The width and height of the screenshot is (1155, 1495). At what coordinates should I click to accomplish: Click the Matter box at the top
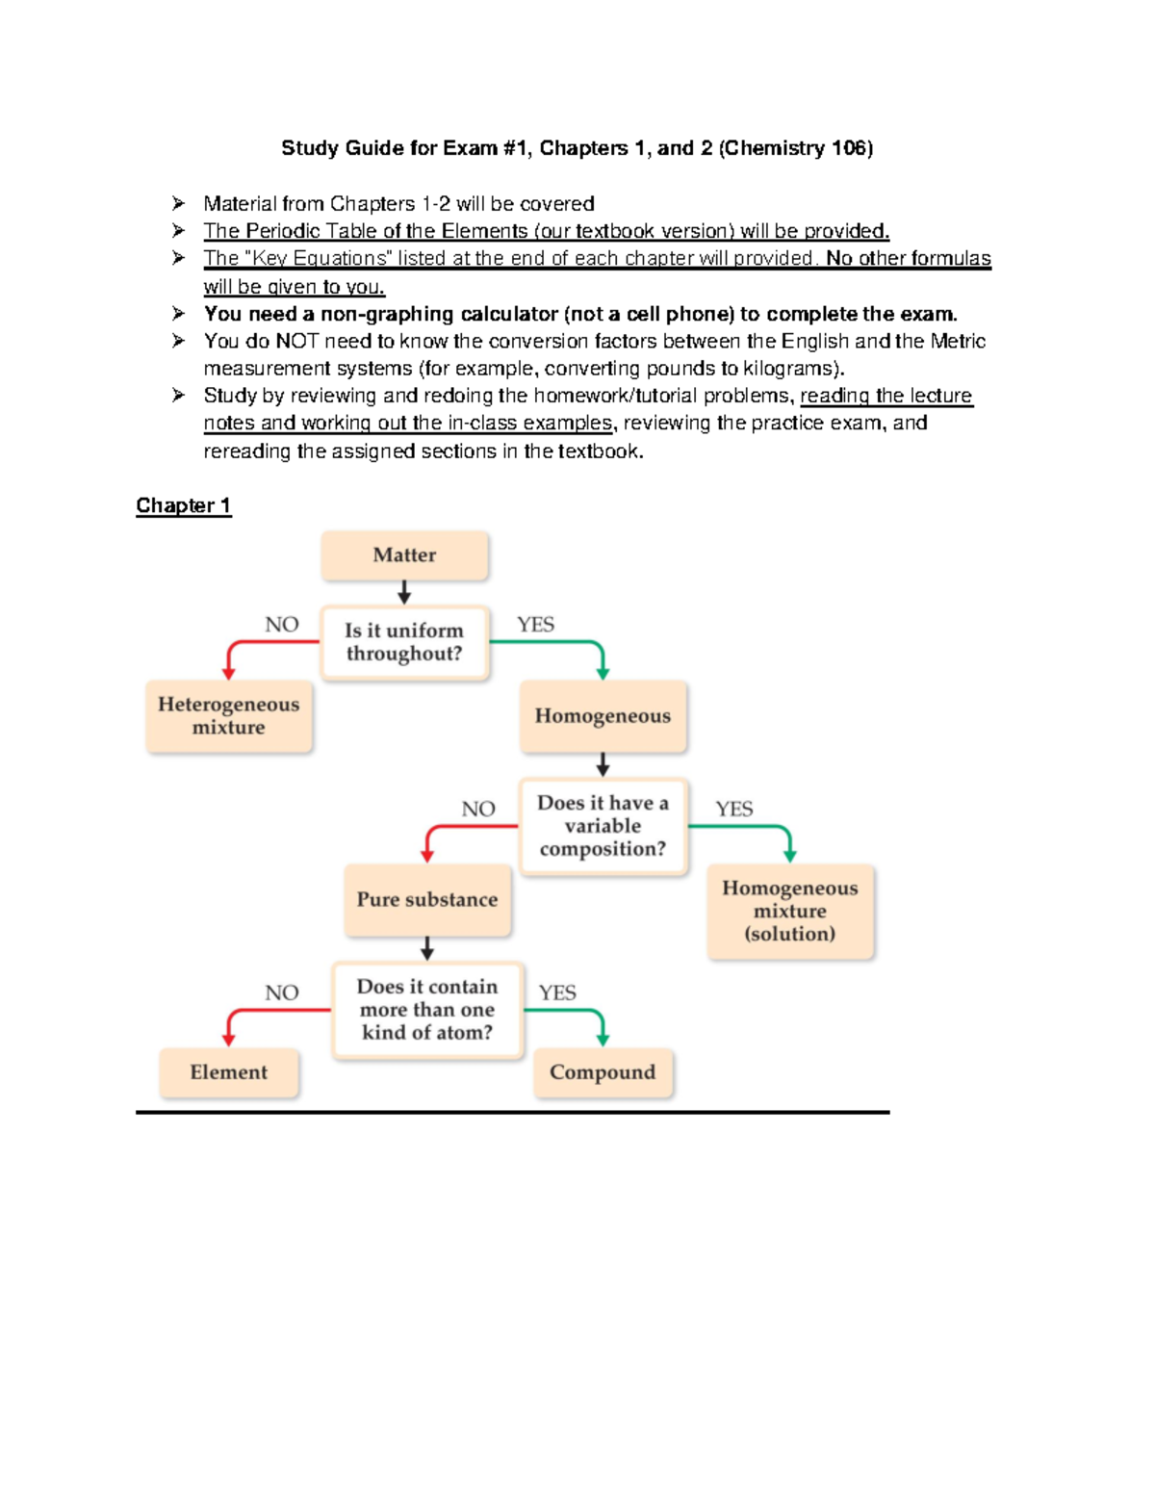coord(404,555)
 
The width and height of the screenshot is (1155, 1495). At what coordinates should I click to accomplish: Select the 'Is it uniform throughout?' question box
coord(404,642)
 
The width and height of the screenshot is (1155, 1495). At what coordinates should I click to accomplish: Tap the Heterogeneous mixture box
coord(229,716)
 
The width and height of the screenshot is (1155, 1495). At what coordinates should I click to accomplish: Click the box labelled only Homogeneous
coord(603,716)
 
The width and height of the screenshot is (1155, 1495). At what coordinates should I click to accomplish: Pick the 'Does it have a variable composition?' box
coord(603,826)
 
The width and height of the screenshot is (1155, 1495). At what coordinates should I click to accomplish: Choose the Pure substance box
coord(427,900)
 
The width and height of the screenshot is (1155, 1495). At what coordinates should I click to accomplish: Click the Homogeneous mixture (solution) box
coord(790,911)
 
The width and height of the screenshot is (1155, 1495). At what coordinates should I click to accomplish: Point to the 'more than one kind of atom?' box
coord(427,1010)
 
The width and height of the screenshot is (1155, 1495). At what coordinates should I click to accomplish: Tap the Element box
coord(229,1072)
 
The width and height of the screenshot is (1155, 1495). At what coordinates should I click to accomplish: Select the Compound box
coord(603,1072)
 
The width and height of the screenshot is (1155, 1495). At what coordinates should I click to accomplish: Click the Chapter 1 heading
coord(183,505)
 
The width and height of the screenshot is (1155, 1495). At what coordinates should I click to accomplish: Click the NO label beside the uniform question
coord(282,625)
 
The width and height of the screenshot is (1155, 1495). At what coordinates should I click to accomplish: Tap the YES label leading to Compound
coord(557,992)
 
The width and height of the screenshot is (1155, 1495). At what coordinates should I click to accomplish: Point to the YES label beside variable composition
coord(734,809)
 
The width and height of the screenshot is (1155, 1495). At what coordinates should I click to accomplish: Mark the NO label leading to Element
coord(282,992)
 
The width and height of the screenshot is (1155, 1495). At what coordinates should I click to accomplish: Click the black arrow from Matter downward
coord(404,592)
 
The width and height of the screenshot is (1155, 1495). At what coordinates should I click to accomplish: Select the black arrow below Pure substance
coord(427,949)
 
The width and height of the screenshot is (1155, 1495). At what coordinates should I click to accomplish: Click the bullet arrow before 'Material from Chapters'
coord(178,203)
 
